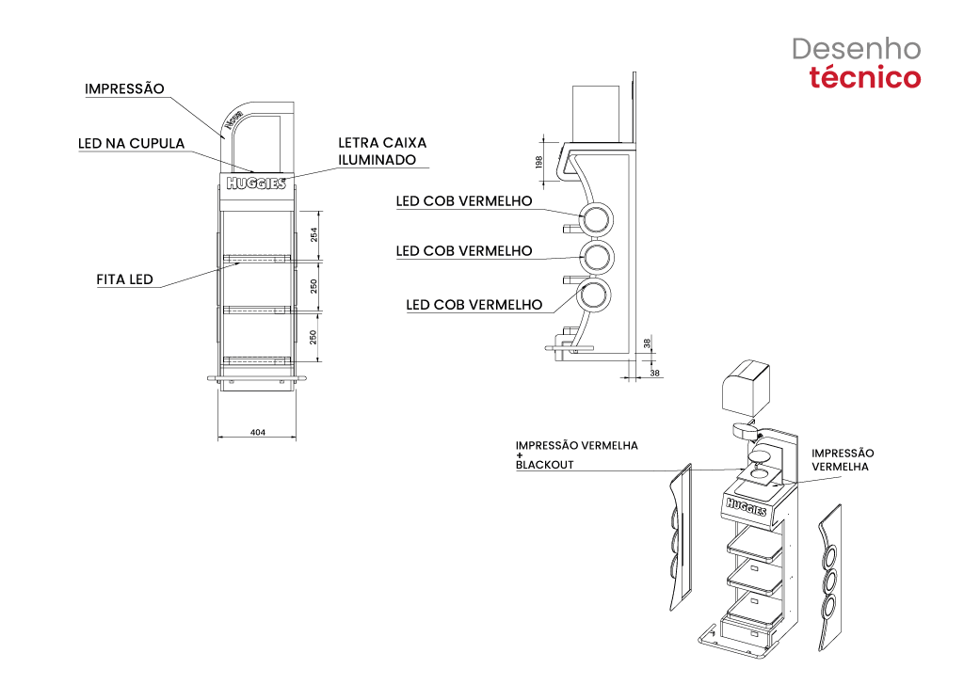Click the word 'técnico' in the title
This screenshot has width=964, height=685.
864,78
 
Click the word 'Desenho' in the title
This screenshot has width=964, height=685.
856,49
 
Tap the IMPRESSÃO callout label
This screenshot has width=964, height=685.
124,88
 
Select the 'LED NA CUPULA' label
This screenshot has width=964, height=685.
131,144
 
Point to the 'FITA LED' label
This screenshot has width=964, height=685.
124,279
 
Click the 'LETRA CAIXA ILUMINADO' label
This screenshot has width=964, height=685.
382,151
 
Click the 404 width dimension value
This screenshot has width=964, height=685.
258,433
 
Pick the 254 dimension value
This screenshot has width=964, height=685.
313,234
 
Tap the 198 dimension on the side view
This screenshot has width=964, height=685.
538,162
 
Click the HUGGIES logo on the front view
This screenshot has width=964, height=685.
256,183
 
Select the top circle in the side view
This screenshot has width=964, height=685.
596,219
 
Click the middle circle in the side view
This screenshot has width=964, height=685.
597,257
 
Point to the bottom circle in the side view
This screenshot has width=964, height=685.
595,295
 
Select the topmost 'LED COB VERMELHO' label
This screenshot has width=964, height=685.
464,201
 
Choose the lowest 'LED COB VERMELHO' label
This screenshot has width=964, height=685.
474,305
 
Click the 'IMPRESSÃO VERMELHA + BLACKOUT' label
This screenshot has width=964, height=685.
577,455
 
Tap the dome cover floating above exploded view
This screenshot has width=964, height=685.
746,387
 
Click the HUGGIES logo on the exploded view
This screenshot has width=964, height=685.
747,508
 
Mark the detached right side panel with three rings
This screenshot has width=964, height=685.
830,578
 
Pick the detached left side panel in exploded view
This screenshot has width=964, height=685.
681,537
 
